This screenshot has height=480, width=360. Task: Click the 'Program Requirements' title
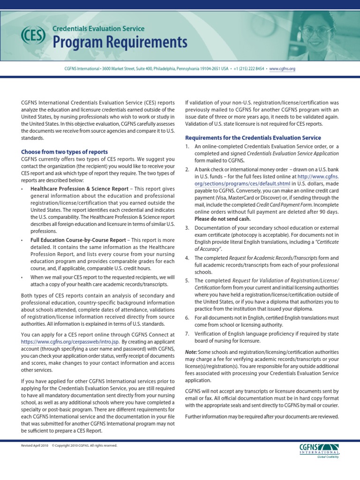point(120,43)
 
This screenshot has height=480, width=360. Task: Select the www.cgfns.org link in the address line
point(283,68)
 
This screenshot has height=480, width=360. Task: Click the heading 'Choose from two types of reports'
point(64,152)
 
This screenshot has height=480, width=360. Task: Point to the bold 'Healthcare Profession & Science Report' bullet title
point(79,189)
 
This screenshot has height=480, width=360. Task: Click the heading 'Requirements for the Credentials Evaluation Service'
point(253,138)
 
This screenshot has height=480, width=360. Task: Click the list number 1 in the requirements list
point(187,147)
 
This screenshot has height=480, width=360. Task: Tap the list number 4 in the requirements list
point(187,258)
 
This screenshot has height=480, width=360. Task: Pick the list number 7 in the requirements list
point(187,334)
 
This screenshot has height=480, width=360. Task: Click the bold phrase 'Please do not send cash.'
point(223,219)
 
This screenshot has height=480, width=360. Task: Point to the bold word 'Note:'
point(191,352)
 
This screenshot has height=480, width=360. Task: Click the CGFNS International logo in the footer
point(321,451)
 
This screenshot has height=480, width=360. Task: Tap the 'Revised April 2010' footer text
point(34,445)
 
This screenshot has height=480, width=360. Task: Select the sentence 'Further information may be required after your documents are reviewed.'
point(262,417)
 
